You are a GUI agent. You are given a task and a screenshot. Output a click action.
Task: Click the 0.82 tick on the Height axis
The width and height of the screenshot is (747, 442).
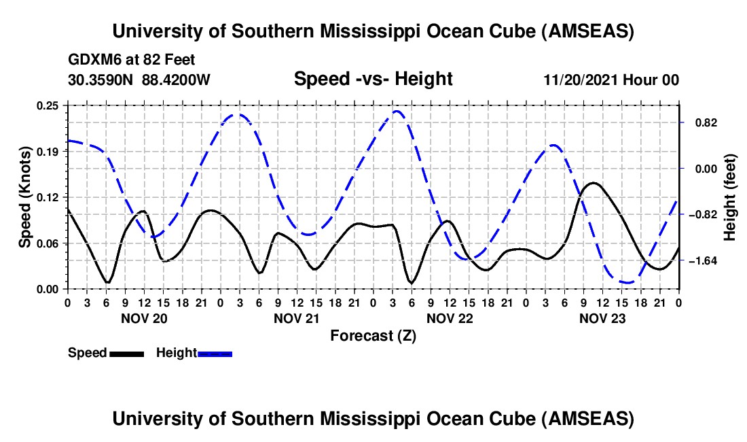(x=701, y=123)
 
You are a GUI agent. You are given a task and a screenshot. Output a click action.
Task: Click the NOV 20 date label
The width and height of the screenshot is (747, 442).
(x=143, y=318)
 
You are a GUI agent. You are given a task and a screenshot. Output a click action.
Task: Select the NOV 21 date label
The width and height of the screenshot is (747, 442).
(x=297, y=318)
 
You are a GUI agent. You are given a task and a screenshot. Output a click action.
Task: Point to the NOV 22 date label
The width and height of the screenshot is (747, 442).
(x=450, y=318)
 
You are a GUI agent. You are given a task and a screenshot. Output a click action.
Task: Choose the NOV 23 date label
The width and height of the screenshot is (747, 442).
(x=602, y=318)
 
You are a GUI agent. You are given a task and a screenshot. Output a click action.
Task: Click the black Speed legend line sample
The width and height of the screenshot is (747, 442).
(x=126, y=354)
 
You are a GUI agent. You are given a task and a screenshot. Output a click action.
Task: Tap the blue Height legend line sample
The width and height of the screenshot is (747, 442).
(x=215, y=354)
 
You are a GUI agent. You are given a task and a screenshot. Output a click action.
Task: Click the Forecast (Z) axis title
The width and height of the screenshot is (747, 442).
(x=373, y=335)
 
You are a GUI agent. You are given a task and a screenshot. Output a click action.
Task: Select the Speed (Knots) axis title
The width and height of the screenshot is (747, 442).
(x=25, y=197)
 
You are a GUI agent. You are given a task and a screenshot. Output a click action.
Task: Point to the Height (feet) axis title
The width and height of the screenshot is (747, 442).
(x=731, y=197)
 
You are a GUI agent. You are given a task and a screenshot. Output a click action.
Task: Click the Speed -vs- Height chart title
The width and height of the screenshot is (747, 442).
(x=373, y=80)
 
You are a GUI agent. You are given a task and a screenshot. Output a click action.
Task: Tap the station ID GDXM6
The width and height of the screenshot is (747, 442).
(x=92, y=60)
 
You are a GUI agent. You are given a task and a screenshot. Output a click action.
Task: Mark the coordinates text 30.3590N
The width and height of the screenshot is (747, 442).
(x=102, y=80)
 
